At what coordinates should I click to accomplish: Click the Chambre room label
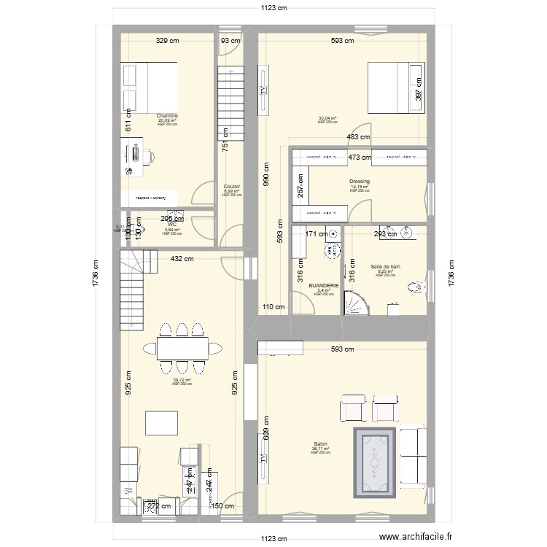pos(167,115)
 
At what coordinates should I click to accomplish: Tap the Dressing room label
pos(359,182)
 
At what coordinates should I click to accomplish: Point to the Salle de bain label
pos(385,267)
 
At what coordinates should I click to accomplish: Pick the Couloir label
pos(232,187)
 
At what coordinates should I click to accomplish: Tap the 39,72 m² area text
pos(182,379)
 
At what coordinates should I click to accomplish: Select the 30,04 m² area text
pos(327,118)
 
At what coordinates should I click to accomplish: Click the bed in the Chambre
pos(150,87)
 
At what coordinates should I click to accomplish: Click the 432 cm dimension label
pos(182,258)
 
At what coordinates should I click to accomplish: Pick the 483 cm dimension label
pos(357,138)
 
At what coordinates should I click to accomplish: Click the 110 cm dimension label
pos(273,307)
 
